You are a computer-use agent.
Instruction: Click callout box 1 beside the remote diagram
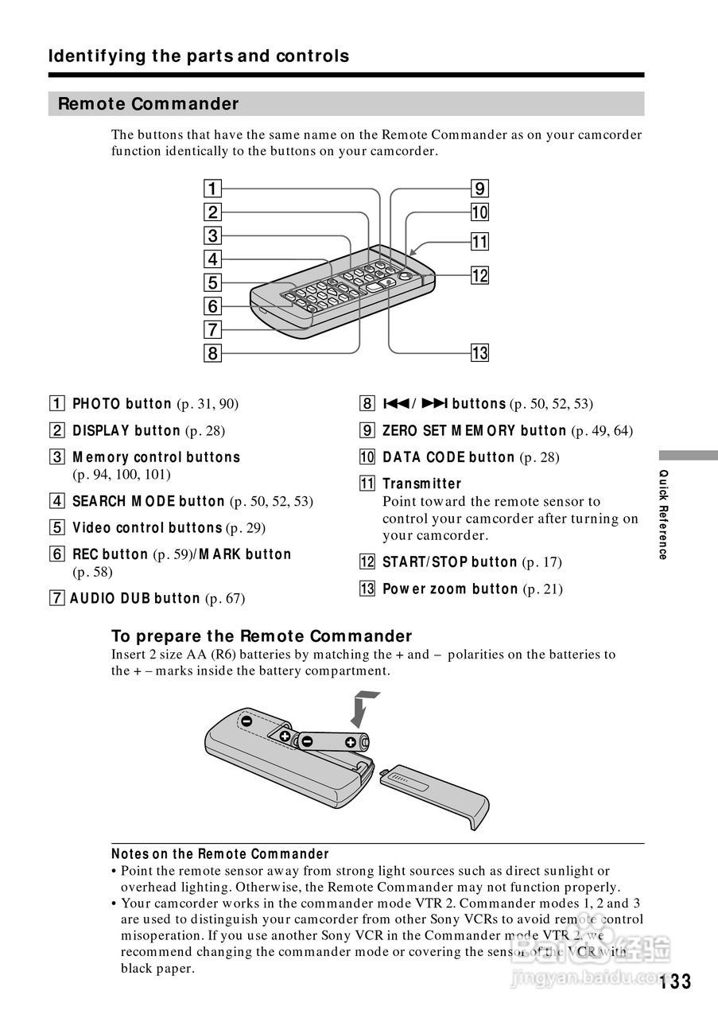pos(213,189)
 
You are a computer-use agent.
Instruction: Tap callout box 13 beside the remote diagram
pos(479,352)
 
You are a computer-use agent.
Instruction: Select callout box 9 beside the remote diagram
pos(479,189)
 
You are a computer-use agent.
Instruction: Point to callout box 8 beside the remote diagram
pos(213,352)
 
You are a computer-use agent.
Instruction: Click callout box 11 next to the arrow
pos(479,242)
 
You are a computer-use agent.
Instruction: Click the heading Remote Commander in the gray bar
pos(149,104)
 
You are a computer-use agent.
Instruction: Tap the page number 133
pos(674,981)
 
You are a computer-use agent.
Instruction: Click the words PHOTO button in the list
pos(122,404)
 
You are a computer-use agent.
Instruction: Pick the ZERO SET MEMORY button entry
pos(474,431)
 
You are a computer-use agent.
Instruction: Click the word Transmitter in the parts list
pos(421,484)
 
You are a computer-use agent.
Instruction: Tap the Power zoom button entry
pos(450,589)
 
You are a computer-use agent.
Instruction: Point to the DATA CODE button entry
pos(448,457)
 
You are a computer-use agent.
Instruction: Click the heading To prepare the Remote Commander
pos(262,636)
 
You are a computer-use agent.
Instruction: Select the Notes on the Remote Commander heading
pos(220,854)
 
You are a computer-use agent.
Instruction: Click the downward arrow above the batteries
pos(363,708)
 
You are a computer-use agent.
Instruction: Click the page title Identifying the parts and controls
pos(199,56)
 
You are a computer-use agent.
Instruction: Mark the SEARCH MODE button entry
pos(149,502)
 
